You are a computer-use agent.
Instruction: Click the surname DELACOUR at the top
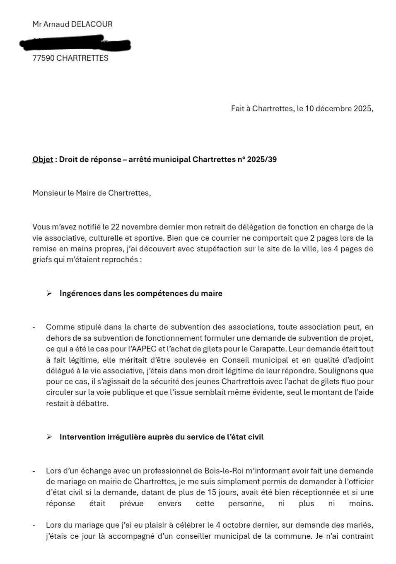click(92, 24)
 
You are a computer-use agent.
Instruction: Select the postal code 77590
click(43, 58)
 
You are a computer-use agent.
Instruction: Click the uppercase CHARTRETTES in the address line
click(82, 58)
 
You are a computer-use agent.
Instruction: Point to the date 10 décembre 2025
click(339, 109)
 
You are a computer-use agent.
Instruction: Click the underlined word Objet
click(43, 160)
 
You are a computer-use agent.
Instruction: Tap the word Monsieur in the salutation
click(49, 193)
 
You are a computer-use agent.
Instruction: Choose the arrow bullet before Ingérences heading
click(49, 294)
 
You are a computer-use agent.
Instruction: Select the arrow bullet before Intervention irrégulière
click(49, 437)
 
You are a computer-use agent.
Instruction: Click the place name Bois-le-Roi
click(224, 471)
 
